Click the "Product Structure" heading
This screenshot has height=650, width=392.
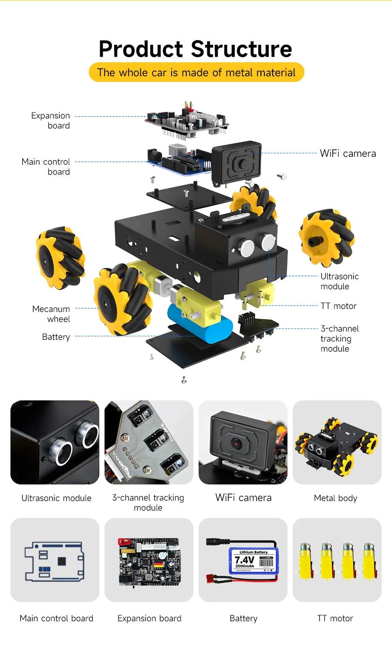(195, 49)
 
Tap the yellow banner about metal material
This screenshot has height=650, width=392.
(196, 72)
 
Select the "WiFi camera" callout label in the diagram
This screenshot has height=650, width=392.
(348, 153)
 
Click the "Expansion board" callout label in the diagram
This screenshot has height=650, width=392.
(51, 121)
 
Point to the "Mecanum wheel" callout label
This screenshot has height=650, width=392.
(51, 314)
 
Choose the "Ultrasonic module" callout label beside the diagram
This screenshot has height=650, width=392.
(339, 281)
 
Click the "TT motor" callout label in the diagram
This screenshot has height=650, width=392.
(338, 306)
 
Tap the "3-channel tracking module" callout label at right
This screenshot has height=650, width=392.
(339, 339)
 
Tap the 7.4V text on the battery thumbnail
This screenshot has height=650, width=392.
(244, 560)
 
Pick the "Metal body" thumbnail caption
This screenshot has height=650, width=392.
(335, 498)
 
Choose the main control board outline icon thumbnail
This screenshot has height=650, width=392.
(55, 561)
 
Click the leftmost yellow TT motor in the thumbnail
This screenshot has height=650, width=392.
(305, 561)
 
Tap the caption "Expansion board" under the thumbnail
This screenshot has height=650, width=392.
(149, 618)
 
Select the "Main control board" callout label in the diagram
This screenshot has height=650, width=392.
(46, 166)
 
